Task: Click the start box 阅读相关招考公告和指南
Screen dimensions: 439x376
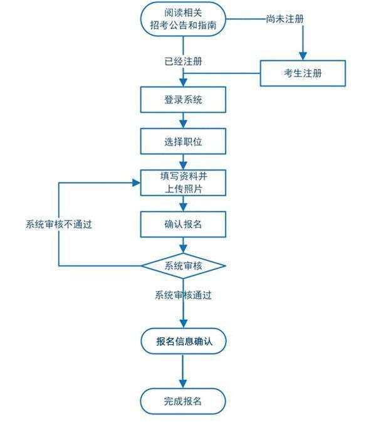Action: click(183, 19)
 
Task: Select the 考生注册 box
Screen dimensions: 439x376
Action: click(303, 74)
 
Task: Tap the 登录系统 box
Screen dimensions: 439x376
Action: click(183, 99)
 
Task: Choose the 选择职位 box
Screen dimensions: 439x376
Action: click(183, 141)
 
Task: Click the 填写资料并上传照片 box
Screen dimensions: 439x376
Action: click(183, 182)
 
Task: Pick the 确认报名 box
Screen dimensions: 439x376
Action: click(183, 224)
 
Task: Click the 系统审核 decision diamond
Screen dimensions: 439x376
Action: click(183, 265)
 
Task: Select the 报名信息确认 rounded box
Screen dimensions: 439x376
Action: click(183, 342)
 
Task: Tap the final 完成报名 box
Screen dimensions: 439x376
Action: click(183, 400)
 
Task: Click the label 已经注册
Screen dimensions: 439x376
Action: click(183, 61)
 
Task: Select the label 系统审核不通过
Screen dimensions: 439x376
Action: click(59, 224)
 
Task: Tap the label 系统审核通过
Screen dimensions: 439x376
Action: click(183, 295)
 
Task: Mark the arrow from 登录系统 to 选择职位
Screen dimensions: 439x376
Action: click(183, 121)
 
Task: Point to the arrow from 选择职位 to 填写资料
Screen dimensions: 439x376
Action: click(183, 162)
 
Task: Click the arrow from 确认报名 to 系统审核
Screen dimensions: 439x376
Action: click(183, 245)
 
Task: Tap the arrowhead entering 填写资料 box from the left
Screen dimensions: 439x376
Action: click(136, 182)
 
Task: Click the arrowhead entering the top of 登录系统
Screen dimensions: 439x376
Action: click(183, 82)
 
